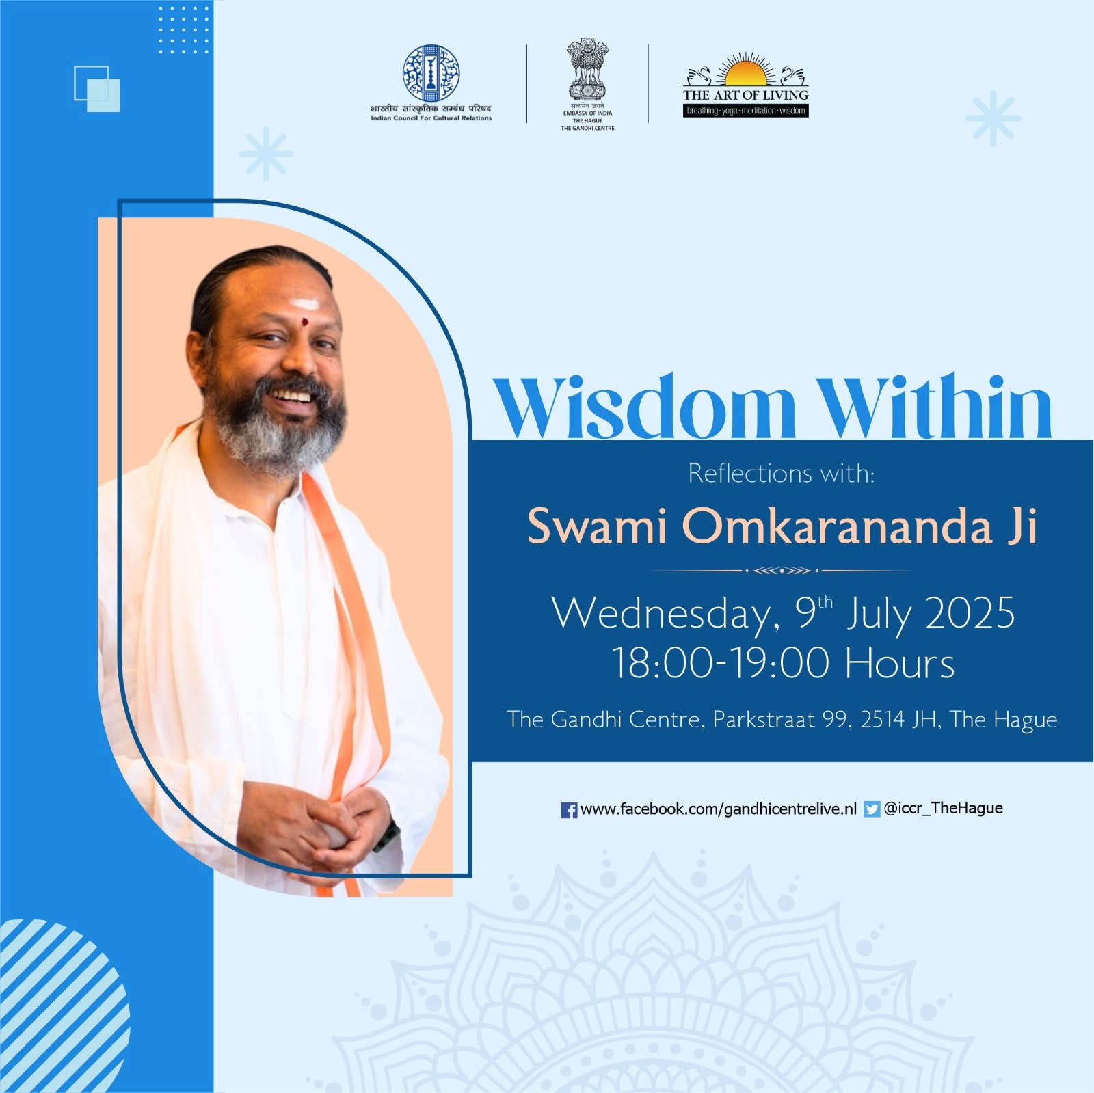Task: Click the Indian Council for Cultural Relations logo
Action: (x=431, y=74)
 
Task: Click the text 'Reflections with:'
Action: (x=782, y=473)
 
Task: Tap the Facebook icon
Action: (x=569, y=810)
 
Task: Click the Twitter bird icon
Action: (x=872, y=809)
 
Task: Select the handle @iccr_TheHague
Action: (x=943, y=809)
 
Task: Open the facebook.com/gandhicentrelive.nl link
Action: (x=718, y=809)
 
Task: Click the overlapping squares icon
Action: (x=97, y=89)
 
